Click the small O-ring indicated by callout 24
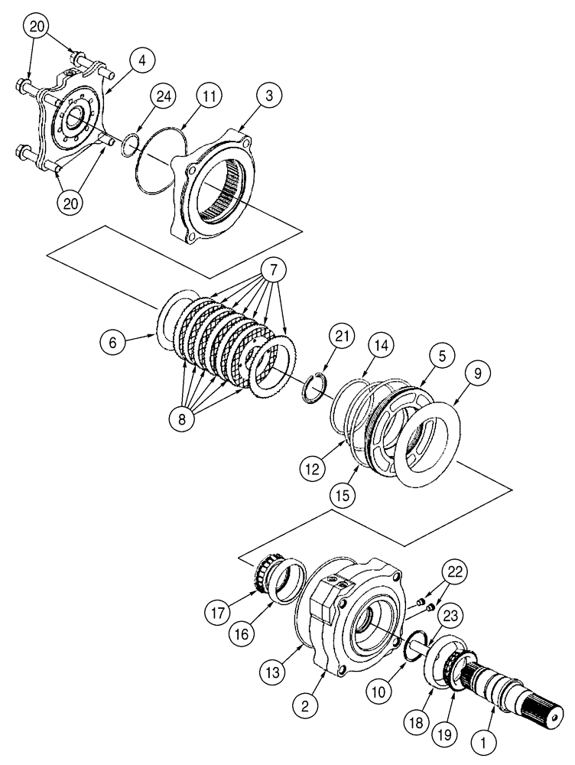pos(131,142)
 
